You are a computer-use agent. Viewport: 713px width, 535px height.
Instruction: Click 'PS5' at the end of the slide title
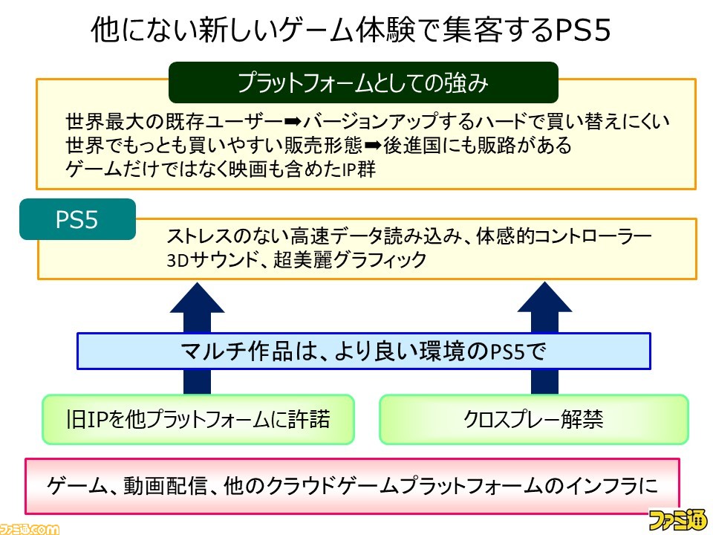pyautogui.click(x=582, y=30)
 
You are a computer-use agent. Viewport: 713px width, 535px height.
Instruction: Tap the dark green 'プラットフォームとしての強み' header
pyautogui.click(x=363, y=82)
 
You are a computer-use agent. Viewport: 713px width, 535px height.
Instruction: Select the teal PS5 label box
pyautogui.click(x=78, y=219)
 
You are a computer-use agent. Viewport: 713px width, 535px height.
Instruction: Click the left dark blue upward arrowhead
pyautogui.click(x=197, y=297)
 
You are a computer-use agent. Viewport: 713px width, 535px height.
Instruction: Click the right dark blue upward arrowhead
pyautogui.click(x=544, y=297)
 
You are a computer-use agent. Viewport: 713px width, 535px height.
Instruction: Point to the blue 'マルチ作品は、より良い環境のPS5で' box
pyautogui.click(x=364, y=351)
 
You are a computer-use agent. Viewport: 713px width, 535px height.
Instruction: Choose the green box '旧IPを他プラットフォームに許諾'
pyautogui.click(x=198, y=419)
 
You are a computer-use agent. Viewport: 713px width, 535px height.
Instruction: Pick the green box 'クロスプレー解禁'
pyautogui.click(x=534, y=419)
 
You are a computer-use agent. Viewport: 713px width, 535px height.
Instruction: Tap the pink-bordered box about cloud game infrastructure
pyautogui.click(x=352, y=486)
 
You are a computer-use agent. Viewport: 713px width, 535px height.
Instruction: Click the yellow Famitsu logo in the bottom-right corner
pyautogui.click(x=678, y=519)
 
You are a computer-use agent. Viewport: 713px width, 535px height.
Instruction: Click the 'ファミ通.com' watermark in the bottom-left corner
pyautogui.click(x=30, y=528)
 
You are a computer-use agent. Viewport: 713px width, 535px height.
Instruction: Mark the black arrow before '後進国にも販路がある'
pyautogui.click(x=373, y=146)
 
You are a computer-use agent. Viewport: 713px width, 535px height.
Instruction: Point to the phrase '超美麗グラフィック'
pyautogui.click(x=350, y=260)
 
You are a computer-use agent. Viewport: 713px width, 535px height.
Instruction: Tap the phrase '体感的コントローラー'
pyautogui.click(x=564, y=236)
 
